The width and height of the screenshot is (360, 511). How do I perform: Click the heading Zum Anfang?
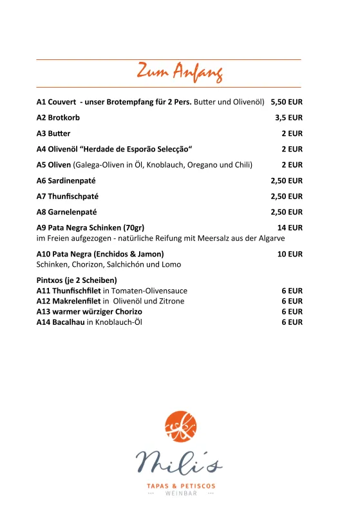coord(180,72)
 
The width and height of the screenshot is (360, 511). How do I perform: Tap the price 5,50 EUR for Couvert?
coord(287,102)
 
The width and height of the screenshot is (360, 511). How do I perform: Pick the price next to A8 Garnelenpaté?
coord(287,212)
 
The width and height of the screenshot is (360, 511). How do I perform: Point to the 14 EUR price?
coord(290,227)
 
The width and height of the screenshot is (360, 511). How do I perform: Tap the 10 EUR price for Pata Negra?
coord(290,254)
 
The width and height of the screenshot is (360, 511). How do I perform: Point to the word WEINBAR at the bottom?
coord(180,494)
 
